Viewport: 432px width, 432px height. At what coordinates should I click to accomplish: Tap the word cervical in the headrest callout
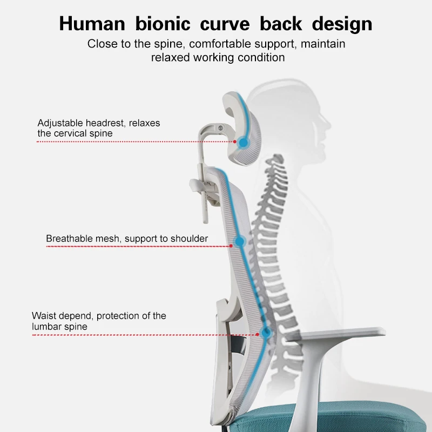73,133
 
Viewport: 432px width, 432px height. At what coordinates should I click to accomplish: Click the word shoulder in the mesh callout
189,238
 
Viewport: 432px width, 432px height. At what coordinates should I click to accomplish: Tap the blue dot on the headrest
244,143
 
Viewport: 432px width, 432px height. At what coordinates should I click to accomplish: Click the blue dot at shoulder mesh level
238,242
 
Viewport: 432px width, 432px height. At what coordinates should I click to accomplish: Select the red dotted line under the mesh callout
135,246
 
